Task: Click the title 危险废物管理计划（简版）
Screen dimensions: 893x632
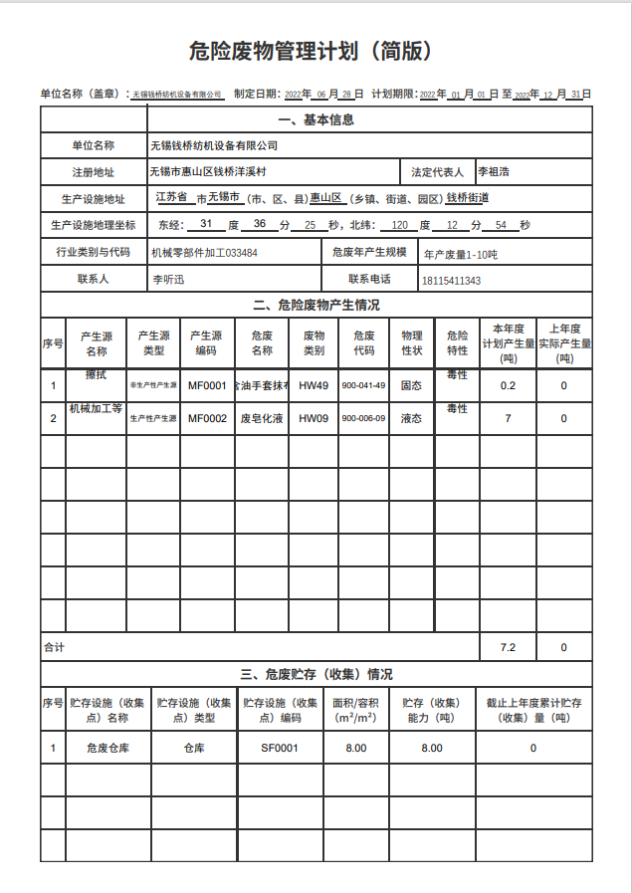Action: (x=316, y=51)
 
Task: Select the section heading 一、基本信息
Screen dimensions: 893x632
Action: (x=316, y=120)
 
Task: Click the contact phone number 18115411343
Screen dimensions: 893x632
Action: (x=451, y=281)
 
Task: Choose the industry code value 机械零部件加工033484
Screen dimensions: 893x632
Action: (x=204, y=253)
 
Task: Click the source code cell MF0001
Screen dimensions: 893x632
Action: (x=207, y=386)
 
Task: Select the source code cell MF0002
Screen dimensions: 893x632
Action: (x=207, y=418)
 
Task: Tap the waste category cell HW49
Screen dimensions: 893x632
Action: (x=314, y=386)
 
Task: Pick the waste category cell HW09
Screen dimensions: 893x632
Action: (x=314, y=418)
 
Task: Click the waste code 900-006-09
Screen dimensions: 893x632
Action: (x=363, y=418)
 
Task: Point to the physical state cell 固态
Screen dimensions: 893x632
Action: (x=411, y=386)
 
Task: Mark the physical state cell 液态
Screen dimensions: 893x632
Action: (x=411, y=418)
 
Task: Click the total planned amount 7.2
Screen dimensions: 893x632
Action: (x=508, y=647)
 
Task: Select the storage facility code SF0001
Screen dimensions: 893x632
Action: (x=280, y=748)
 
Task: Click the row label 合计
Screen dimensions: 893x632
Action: (x=54, y=647)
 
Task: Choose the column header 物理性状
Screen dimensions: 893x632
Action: (x=411, y=342)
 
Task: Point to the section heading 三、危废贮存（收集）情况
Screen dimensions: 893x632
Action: (x=316, y=674)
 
